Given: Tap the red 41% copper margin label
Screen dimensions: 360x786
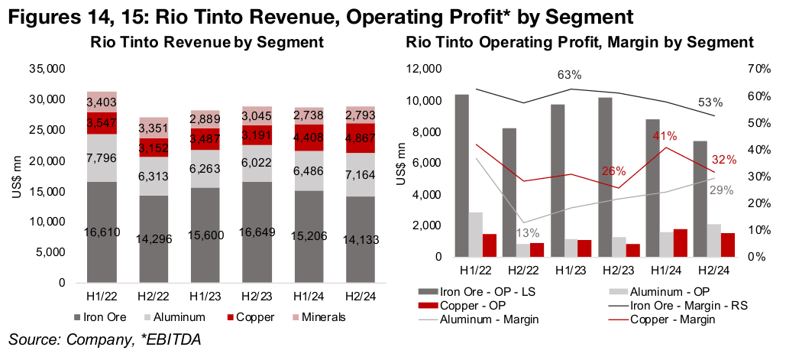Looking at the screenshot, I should coord(664,136).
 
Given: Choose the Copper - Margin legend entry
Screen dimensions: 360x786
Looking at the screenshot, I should coord(672,319).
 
